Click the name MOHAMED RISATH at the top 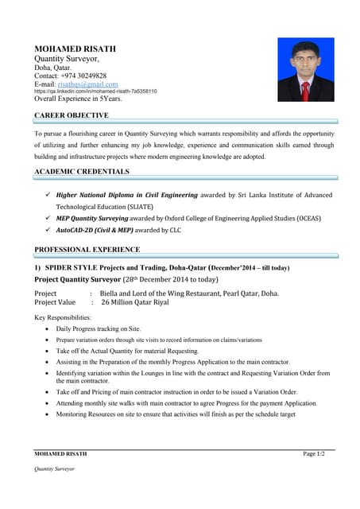[75, 49]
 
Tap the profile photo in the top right [305, 70]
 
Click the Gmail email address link [87, 84]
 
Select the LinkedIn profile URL [95, 91]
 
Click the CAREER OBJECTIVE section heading [72, 116]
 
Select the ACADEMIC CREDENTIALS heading [82, 172]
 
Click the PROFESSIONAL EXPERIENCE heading [87, 250]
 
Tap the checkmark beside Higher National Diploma [49, 195]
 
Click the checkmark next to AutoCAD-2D [49, 229]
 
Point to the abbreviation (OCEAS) [305, 218]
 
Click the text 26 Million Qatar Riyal [134, 303]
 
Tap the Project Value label [55, 303]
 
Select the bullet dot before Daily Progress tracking [49, 329]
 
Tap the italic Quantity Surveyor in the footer [54, 469]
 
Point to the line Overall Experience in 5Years [78, 99]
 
